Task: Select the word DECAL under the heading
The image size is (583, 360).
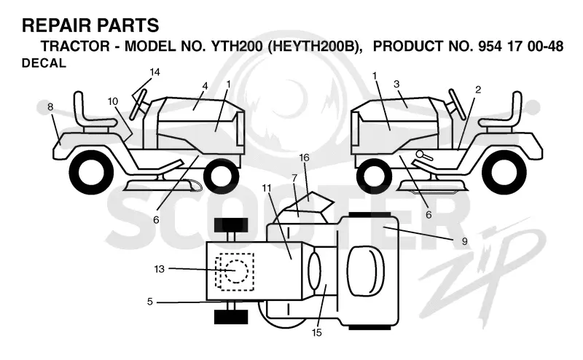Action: [44, 63]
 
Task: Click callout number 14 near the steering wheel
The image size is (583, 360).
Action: [154, 71]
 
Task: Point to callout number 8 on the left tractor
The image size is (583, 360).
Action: [50, 106]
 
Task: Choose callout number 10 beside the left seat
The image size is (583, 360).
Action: [113, 101]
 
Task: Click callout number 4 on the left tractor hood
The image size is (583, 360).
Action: [205, 86]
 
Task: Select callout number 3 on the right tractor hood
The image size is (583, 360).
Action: [396, 84]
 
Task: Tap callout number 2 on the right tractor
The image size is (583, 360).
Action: [478, 89]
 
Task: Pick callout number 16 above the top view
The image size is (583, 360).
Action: [304, 157]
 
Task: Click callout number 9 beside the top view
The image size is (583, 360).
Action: [464, 241]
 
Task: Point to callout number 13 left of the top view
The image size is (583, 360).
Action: [159, 269]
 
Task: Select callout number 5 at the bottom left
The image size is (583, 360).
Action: [150, 301]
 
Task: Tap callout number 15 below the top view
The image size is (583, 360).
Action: [317, 332]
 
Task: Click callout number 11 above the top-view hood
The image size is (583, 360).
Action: [267, 188]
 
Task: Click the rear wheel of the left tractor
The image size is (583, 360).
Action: [91, 172]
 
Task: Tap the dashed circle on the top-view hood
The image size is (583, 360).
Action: [235, 271]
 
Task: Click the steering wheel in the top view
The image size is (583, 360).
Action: [314, 271]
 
